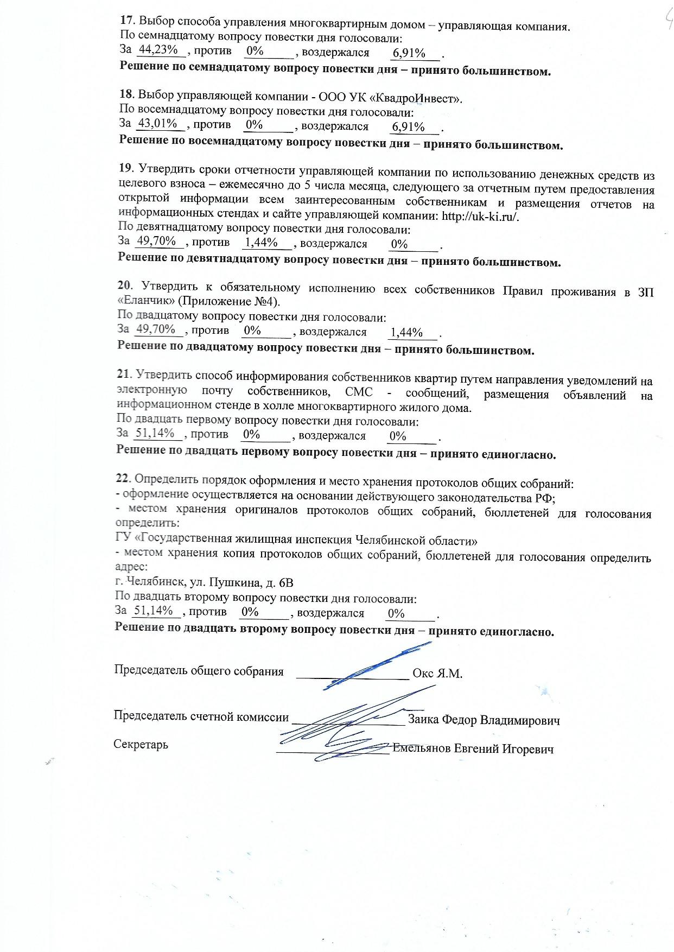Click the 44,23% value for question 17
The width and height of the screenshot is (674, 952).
[x=158, y=49]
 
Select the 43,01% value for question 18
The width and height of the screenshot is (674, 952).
[x=158, y=124]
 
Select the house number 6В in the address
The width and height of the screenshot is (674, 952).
[x=286, y=583]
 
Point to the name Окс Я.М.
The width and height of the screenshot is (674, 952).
[x=437, y=674]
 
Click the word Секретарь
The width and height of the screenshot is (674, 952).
[x=141, y=744]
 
